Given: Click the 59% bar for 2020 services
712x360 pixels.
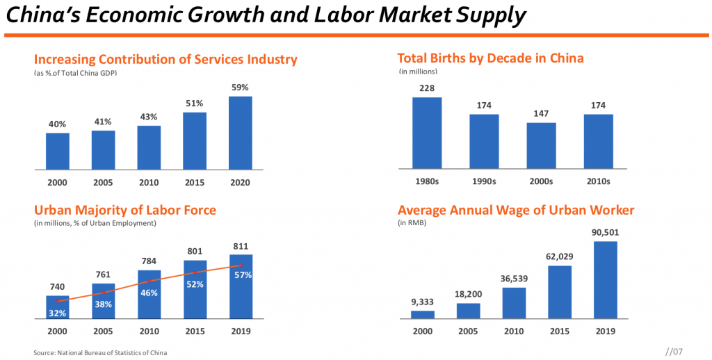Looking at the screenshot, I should click(x=240, y=133).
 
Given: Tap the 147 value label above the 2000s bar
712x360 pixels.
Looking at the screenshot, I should click(x=541, y=112).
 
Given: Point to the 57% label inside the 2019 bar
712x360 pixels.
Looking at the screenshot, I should click(x=242, y=275).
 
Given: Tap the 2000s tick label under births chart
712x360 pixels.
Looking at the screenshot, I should click(x=541, y=181).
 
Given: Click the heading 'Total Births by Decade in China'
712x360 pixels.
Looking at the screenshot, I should click(x=490, y=58).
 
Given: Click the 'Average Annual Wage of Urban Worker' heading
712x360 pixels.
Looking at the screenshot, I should click(x=515, y=210).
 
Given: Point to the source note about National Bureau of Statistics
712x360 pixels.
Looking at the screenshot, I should click(x=100, y=353).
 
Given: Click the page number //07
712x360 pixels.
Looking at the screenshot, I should click(x=675, y=352).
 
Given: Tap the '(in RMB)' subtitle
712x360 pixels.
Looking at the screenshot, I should click(x=412, y=223).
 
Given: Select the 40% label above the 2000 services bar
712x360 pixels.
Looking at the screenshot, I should click(x=58, y=124).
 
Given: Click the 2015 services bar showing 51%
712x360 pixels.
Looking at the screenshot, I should click(x=195, y=140).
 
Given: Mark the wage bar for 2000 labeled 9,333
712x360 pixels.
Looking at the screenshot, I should click(x=423, y=314).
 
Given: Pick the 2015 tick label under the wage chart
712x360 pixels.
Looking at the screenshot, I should click(x=559, y=332).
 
